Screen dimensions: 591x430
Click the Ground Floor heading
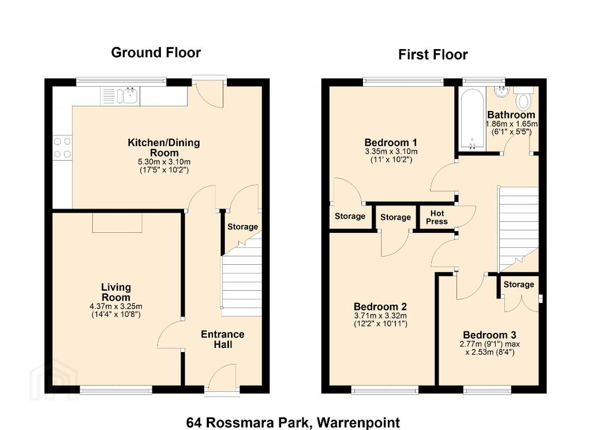click(156, 53)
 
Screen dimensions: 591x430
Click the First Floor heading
click(433, 55)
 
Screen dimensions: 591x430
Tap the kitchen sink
click(128, 96)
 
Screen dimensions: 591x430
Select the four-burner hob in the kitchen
click(62, 147)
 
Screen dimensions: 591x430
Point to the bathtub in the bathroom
click(472, 119)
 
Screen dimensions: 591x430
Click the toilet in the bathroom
click(523, 98)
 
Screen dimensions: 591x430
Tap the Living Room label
click(116, 292)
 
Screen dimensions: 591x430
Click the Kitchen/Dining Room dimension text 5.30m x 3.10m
click(164, 162)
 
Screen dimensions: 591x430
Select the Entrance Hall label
click(222, 339)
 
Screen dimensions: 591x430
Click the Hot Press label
click(437, 217)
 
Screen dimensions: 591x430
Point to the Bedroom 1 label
click(391, 143)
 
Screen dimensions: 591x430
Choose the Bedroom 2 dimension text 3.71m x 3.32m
click(380, 316)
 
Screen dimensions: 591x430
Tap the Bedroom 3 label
click(489, 335)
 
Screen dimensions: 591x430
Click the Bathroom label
click(511, 115)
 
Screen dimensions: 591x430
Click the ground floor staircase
click(241, 279)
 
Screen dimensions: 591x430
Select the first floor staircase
click(518, 229)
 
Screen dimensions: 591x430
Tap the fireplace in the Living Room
click(117, 223)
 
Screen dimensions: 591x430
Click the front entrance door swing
click(222, 376)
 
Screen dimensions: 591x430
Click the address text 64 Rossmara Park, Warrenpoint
click(293, 422)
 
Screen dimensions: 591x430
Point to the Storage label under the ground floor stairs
click(242, 227)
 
